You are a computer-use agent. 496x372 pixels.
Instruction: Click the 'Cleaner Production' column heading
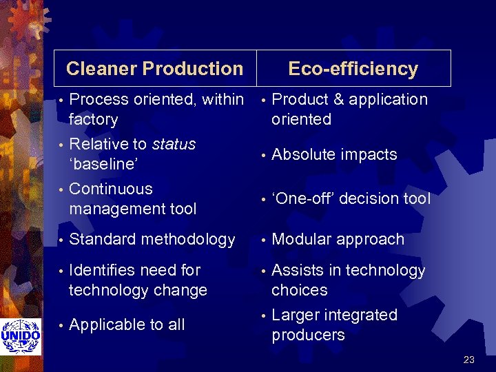pyautogui.click(x=154, y=69)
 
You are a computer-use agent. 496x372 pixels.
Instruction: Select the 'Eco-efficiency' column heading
pyautogui.click(x=353, y=69)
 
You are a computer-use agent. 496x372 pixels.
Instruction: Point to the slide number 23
pyautogui.click(x=469, y=359)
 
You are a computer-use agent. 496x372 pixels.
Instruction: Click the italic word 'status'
pyautogui.click(x=174, y=144)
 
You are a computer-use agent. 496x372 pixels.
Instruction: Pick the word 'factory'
pyautogui.click(x=94, y=120)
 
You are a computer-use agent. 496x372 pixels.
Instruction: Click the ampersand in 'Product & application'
pyautogui.click(x=338, y=100)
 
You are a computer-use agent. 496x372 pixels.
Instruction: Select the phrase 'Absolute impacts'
pyautogui.click(x=334, y=154)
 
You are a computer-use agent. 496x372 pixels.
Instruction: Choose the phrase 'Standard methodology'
pyautogui.click(x=152, y=240)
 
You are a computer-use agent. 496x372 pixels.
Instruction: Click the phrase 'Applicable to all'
pyautogui.click(x=127, y=324)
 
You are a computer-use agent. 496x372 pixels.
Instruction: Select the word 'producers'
pyautogui.click(x=308, y=335)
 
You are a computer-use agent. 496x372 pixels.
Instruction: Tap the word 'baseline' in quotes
pyautogui.click(x=103, y=164)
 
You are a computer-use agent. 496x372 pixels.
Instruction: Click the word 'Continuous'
pyautogui.click(x=111, y=189)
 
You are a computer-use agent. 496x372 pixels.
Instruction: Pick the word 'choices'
pyautogui.click(x=299, y=291)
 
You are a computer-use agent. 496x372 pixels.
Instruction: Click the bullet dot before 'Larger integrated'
pyautogui.click(x=262, y=316)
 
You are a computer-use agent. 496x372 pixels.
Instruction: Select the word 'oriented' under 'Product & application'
pyautogui.click(x=301, y=120)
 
